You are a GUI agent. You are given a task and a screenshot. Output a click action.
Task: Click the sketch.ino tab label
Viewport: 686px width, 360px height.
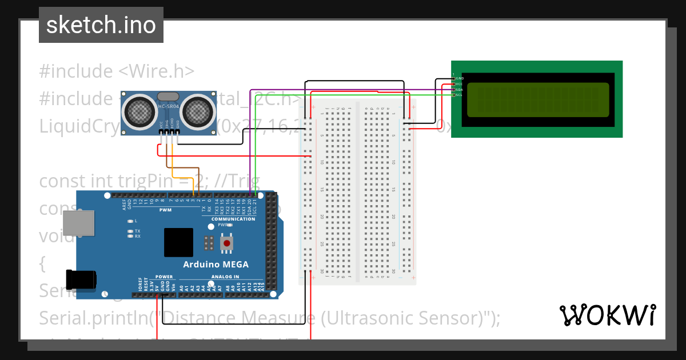coord(101,25)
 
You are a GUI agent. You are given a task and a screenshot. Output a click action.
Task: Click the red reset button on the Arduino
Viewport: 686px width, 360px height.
coord(228,244)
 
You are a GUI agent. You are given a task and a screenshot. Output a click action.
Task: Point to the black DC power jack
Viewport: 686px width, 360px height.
coord(78,279)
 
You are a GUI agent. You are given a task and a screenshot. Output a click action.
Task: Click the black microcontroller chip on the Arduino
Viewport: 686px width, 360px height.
coord(178,242)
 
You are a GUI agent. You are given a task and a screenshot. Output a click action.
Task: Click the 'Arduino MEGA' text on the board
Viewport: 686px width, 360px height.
coord(216,265)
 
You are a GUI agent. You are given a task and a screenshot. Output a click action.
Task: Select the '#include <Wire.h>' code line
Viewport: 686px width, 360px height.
coord(117,71)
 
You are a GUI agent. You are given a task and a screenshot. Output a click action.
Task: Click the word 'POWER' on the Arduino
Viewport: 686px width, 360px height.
coord(164,277)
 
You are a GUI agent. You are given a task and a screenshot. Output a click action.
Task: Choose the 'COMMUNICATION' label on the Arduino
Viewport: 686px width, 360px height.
coord(233,219)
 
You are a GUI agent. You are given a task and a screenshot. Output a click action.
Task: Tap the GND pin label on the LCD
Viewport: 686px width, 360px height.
coord(460,78)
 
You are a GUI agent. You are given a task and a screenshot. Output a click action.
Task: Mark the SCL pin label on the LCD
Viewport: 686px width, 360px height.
coord(460,95)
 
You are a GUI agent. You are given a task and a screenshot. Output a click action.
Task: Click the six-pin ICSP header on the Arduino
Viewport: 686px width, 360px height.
coord(209,243)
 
